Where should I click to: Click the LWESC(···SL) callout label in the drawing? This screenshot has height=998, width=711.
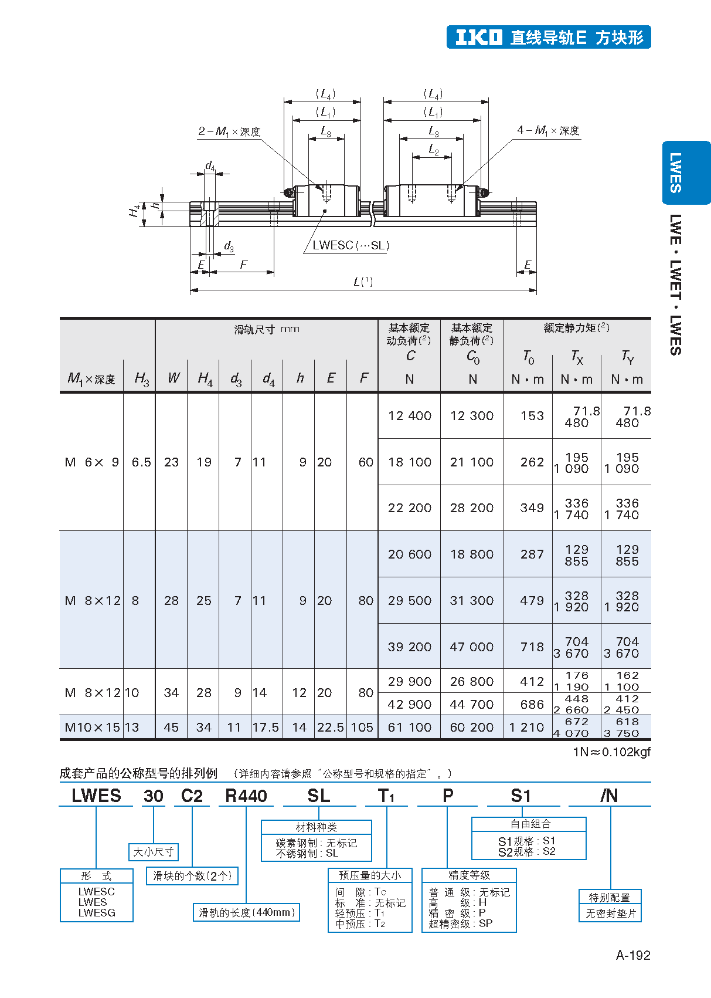[351, 245]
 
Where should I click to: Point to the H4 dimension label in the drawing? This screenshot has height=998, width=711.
[135, 210]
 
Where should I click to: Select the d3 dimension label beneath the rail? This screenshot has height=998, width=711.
[229, 246]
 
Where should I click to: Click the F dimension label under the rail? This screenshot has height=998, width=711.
[243, 265]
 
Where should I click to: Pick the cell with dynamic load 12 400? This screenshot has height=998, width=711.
[409, 416]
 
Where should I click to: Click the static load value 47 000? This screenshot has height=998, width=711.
[471, 647]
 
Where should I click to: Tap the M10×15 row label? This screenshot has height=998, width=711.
[92, 728]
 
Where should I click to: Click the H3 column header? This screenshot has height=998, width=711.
[141, 378]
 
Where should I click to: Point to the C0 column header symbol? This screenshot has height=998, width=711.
[472, 356]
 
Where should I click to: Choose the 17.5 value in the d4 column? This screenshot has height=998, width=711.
[266, 728]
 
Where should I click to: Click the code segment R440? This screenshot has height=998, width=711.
[246, 796]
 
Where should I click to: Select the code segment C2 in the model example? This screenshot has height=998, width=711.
[192, 796]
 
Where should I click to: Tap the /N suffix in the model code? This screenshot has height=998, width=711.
[609, 796]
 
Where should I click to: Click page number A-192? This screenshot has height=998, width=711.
[632, 955]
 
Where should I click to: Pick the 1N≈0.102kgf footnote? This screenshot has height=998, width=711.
[611, 752]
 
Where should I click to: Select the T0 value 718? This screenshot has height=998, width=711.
[532, 647]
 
